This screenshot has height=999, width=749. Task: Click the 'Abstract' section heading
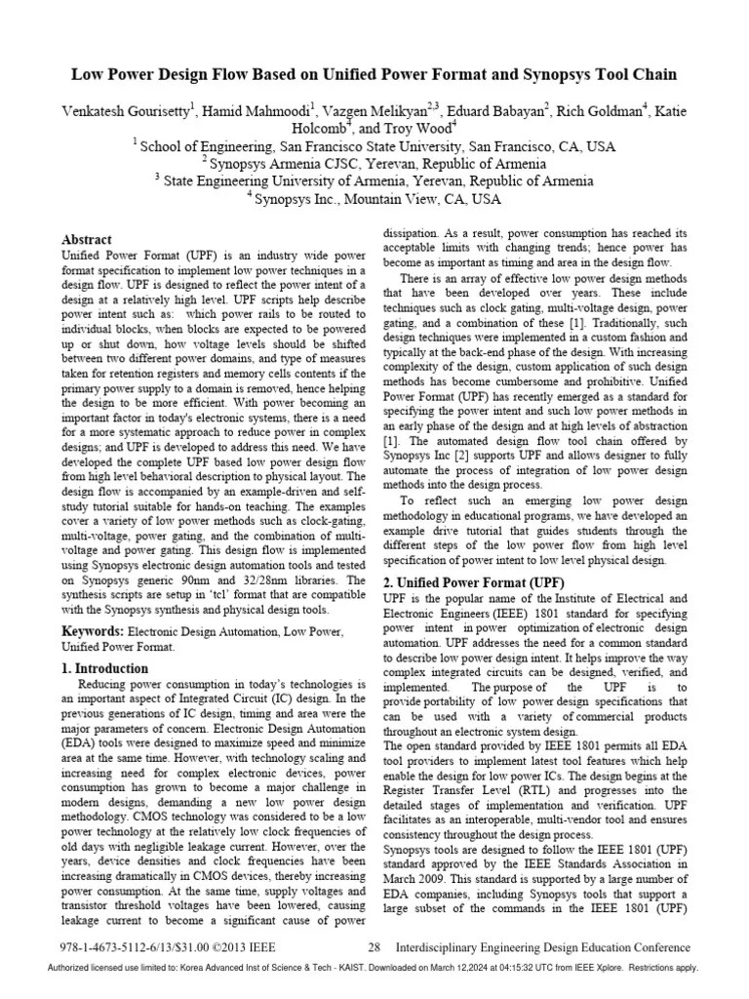pos(87,239)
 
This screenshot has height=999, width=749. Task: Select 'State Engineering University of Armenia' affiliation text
pos(302,180)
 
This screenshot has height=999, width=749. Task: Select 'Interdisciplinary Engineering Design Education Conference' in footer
pos(543,947)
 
